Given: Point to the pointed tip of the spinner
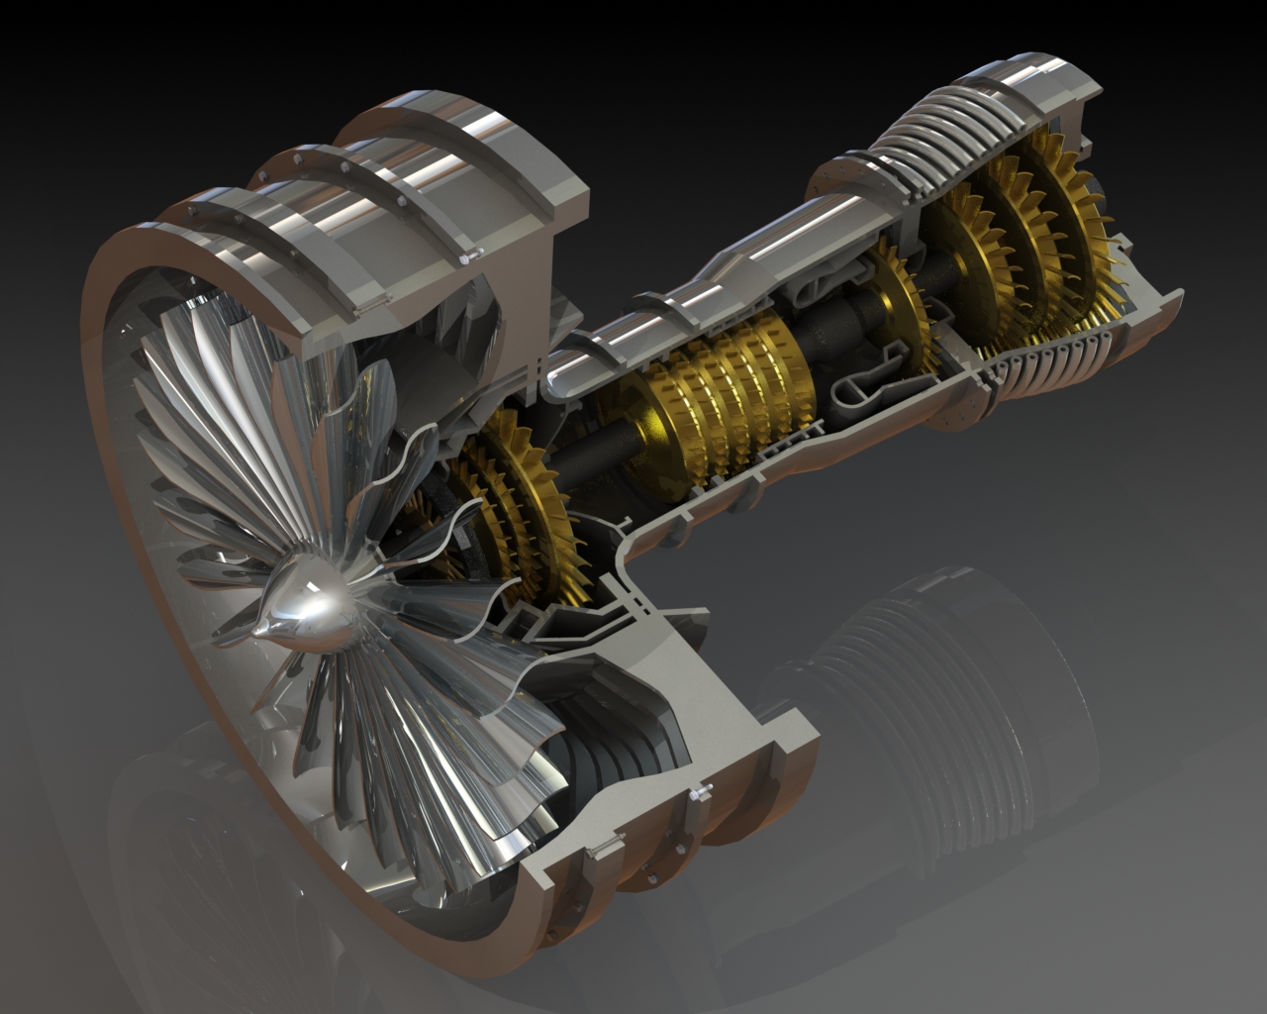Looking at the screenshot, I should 259,628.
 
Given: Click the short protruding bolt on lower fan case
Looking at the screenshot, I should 701,792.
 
